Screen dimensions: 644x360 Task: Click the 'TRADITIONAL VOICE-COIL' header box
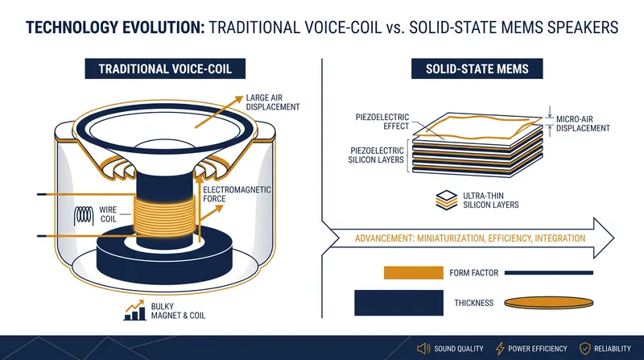click(x=165, y=68)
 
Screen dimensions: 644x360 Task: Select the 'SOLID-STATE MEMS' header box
click(x=477, y=68)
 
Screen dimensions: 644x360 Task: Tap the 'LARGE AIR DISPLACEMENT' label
click(x=273, y=102)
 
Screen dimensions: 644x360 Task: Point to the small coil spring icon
click(x=84, y=215)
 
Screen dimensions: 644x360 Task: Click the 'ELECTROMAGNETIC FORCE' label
click(x=237, y=194)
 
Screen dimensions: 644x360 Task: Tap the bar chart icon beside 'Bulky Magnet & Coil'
click(x=135, y=310)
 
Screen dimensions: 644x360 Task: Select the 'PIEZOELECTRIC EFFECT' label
click(x=382, y=122)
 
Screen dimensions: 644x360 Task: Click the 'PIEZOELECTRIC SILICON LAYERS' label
click(x=376, y=155)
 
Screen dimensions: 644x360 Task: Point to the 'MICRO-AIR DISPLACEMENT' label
click(x=583, y=124)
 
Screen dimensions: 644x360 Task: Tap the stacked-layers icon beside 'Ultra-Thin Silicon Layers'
click(x=446, y=201)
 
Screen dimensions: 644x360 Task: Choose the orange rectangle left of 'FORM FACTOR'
click(x=414, y=273)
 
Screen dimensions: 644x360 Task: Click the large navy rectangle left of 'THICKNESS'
click(x=398, y=303)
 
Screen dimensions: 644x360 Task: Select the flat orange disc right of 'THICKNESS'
click(x=549, y=303)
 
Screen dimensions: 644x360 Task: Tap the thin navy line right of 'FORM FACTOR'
click(x=549, y=272)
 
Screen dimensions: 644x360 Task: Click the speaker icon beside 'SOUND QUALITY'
click(x=423, y=349)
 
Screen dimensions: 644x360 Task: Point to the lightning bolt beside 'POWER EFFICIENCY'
click(x=500, y=349)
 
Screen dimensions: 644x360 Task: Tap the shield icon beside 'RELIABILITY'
click(x=585, y=349)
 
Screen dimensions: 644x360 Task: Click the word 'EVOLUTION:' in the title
click(x=162, y=27)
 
